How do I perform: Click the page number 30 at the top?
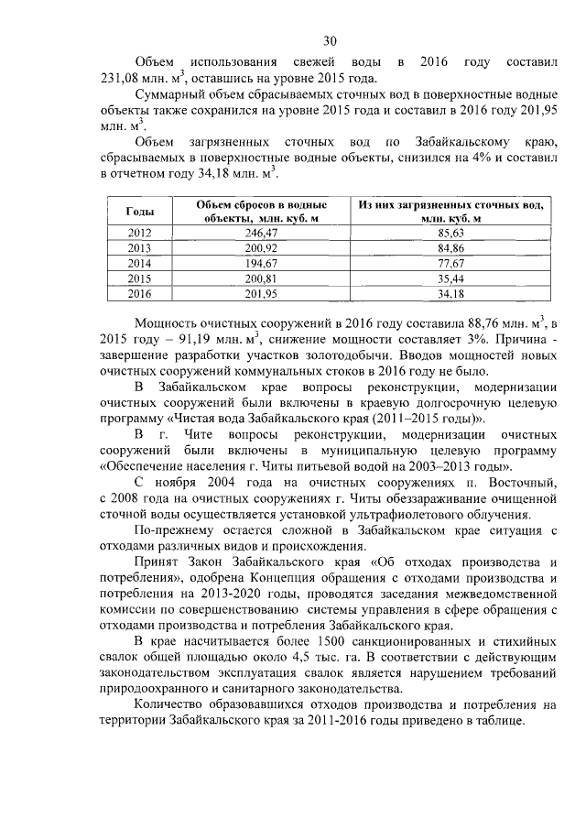tap(331, 39)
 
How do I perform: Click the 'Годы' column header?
tap(139, 212)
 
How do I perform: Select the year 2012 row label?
tap(139, 234)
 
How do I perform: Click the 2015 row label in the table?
tap(139, 279)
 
